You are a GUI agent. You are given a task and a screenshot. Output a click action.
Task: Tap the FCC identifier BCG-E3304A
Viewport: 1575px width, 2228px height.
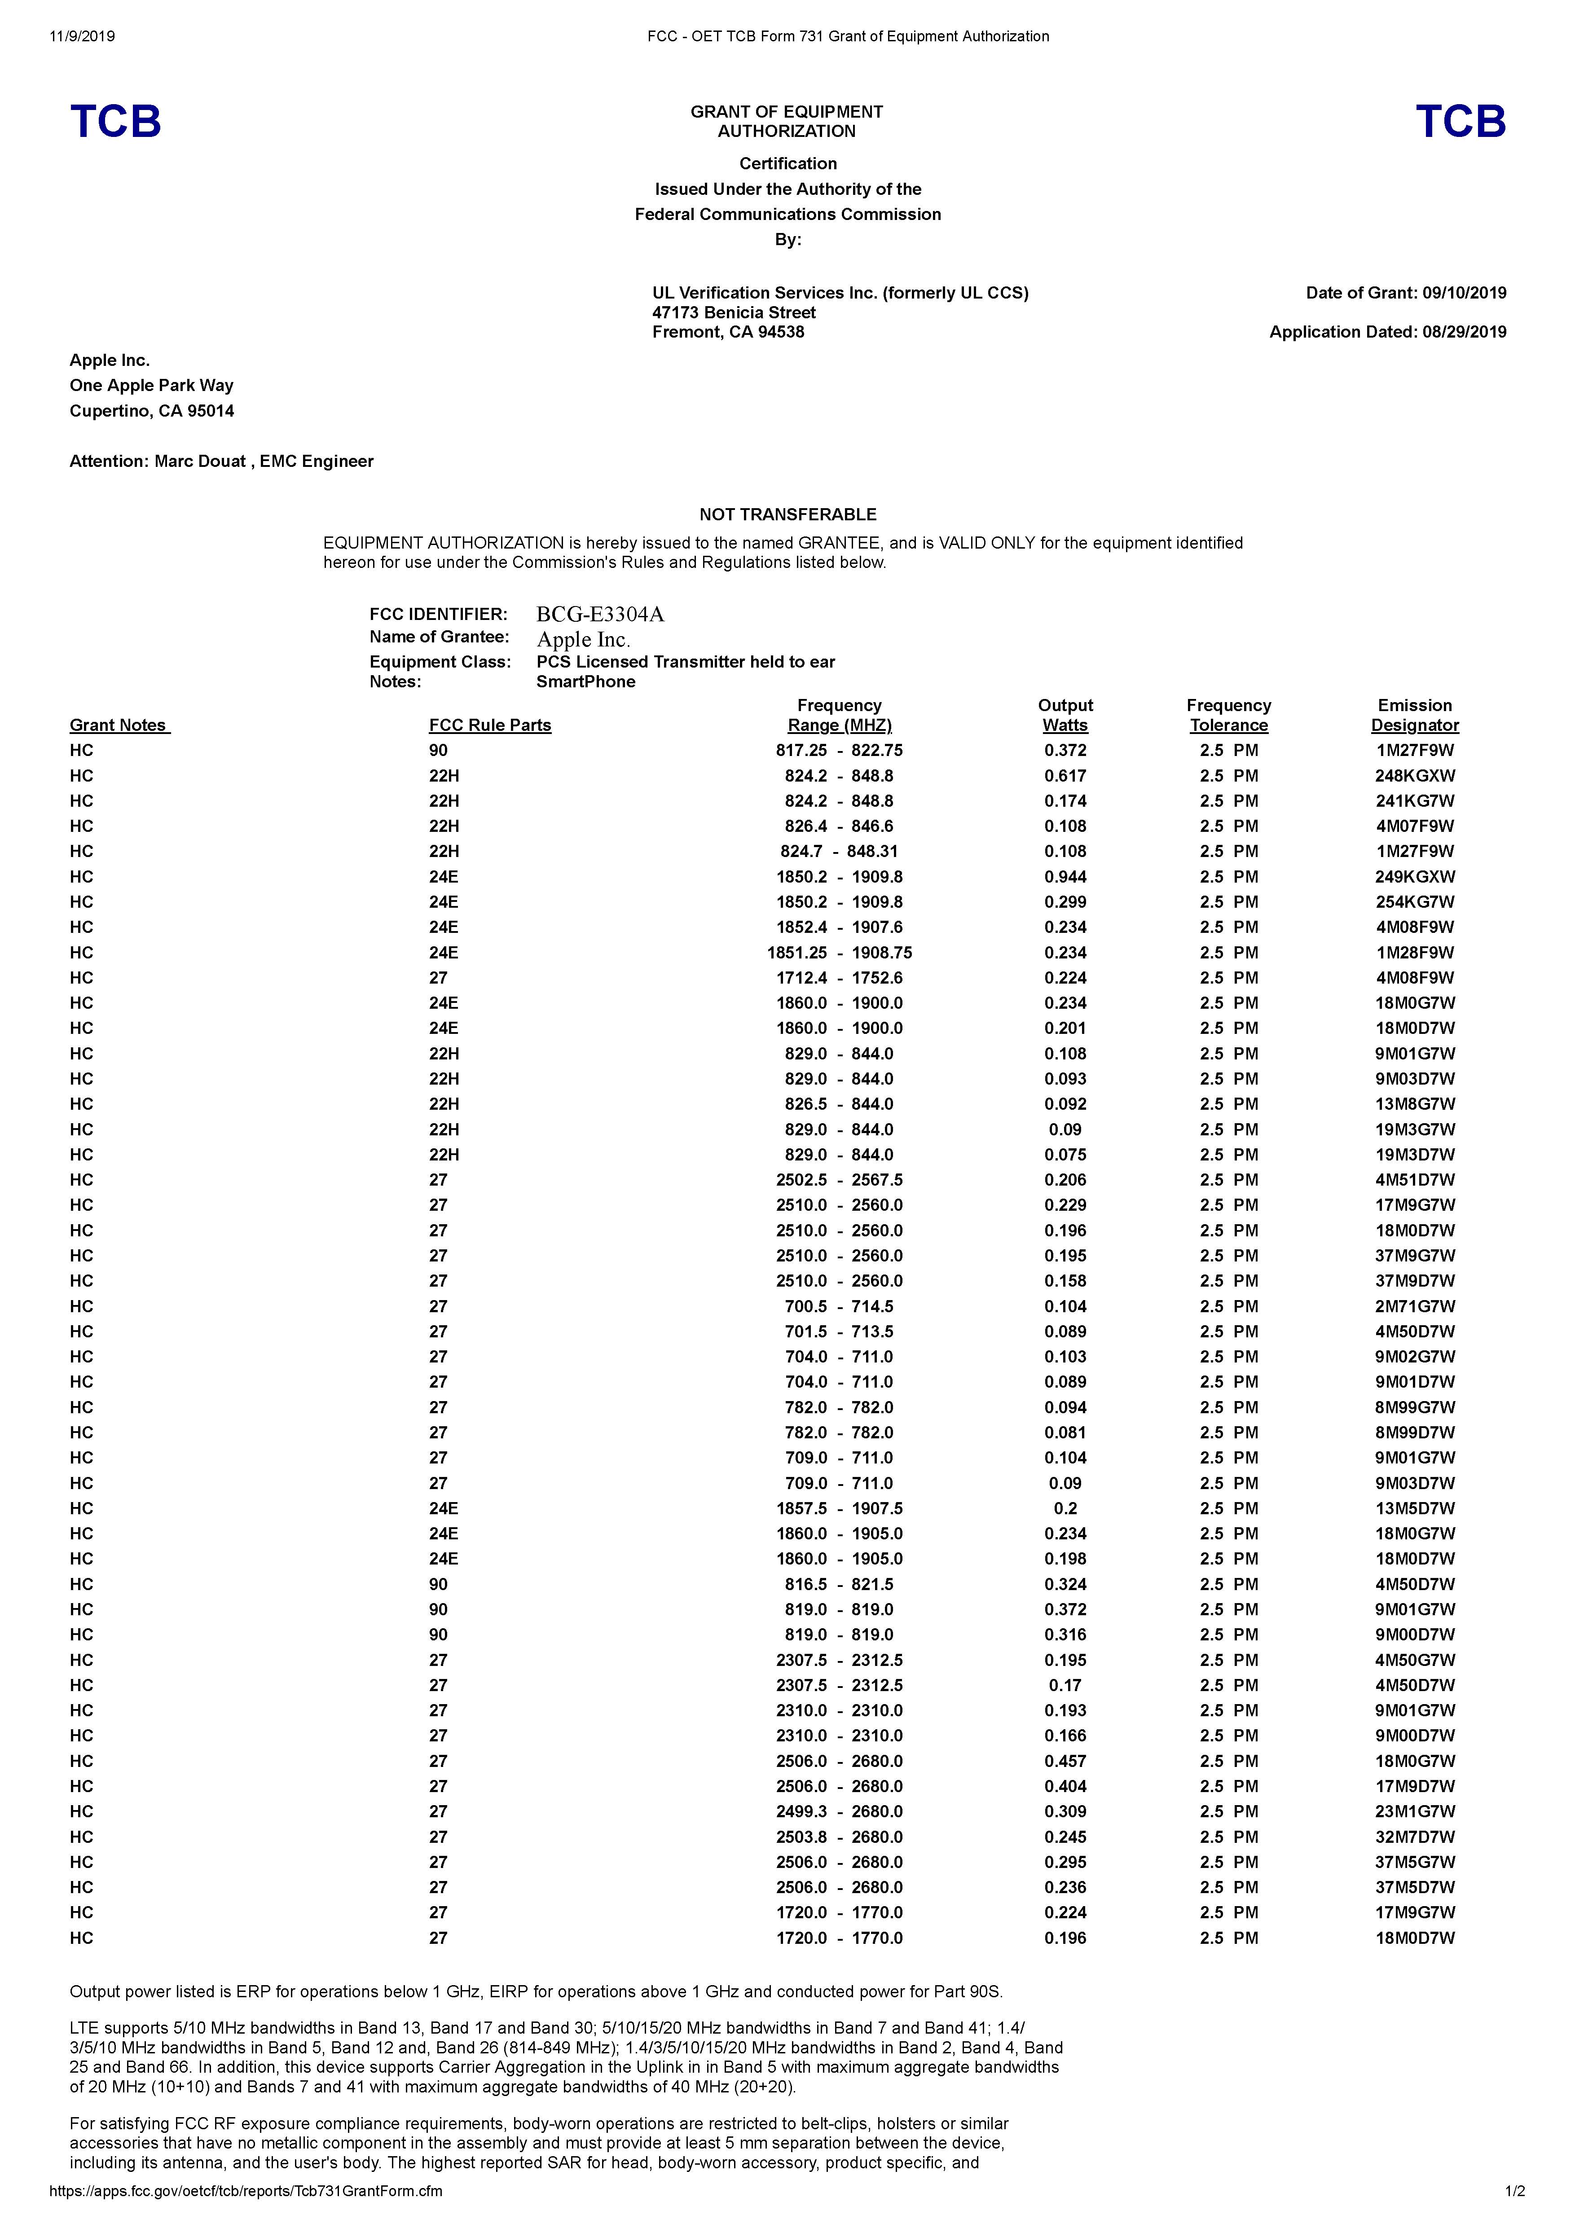(x=600, y=614)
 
